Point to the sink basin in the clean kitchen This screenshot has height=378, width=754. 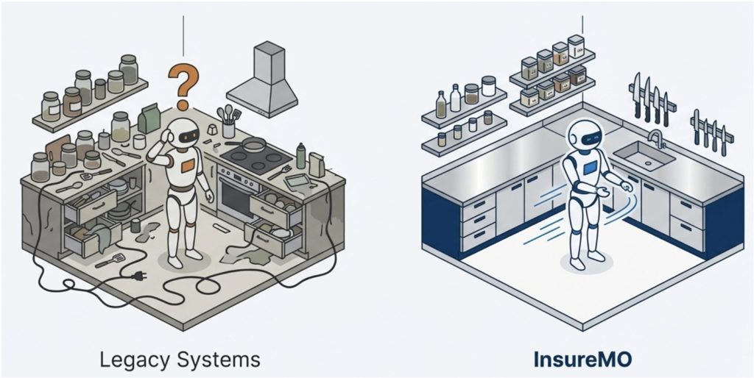643,156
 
